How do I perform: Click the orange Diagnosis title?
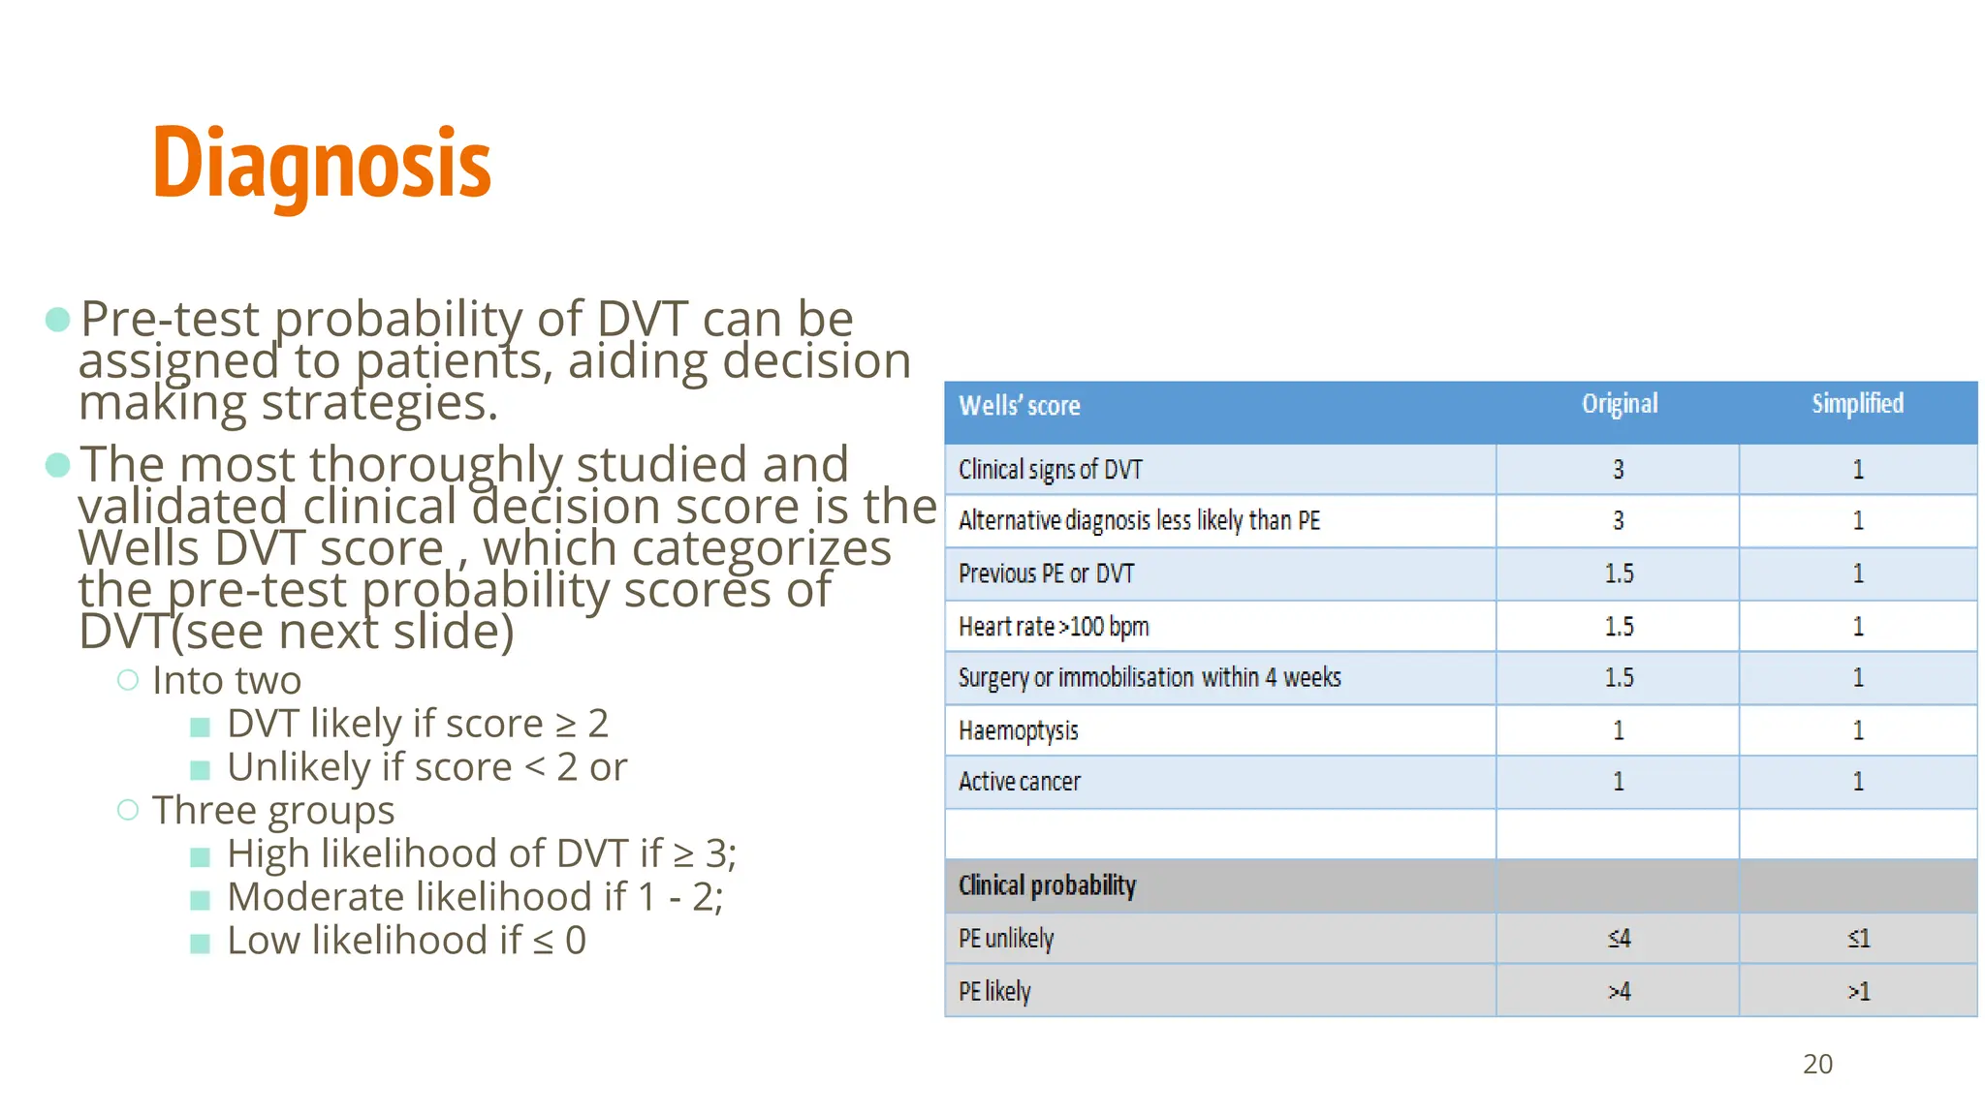(322, 164)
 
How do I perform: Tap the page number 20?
(1817, 1064)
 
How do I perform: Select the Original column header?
(1619, 404)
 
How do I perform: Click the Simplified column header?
(1857, 404)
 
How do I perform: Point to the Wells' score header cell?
(1019, 406)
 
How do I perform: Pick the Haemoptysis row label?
(1018, 730)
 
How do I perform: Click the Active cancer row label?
(1019, 782)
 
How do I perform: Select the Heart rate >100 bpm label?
(1054, 627)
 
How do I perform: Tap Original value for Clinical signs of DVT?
(1618, 470)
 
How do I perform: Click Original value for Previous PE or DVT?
(1618, 573)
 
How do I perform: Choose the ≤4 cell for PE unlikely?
(1619, 938)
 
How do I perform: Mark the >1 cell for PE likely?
(1858, 991)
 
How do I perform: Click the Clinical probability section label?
(1047, 885)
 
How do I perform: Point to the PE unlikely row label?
(1005, 938)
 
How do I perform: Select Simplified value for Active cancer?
(1858, 782)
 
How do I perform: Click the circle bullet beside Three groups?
(128, 810)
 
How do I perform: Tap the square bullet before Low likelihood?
(201, 943)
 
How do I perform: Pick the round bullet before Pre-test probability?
(58, 320)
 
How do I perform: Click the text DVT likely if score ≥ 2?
(417, 724)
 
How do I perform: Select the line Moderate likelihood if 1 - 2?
(474, 897)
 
